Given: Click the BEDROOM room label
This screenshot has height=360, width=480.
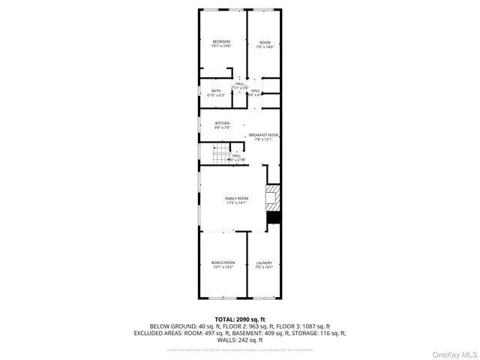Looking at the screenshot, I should (220, 41).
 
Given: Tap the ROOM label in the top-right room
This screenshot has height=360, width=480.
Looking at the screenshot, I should (264, 41).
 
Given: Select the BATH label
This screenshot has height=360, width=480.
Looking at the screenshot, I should (215, 91).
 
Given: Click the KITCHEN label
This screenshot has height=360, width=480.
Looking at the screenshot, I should (222, 123).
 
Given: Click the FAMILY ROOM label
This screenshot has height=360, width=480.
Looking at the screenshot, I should (236, 198).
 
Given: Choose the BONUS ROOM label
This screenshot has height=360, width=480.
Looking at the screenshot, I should (223, 262).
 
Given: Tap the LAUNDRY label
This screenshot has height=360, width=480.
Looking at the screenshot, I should (264, 262).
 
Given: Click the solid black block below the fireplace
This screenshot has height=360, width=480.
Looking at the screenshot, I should (274, 217).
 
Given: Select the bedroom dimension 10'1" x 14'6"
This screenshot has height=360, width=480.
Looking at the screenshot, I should (220, 46).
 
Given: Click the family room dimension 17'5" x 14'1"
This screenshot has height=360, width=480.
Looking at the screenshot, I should (236, 202).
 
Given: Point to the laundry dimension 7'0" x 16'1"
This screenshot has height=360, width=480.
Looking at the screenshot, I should (264, 267).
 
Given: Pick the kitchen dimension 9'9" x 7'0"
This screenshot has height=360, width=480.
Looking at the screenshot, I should (222, 127).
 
